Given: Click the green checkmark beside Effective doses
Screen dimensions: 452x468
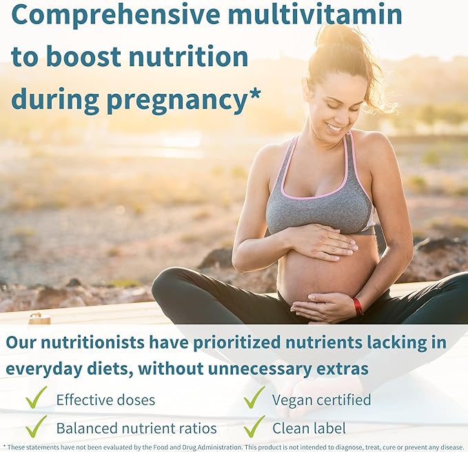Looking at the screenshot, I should click(36, 398).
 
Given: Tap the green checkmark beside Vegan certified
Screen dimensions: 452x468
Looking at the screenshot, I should click(253, 398).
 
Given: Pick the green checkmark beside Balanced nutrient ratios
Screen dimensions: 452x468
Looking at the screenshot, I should click(36, 426).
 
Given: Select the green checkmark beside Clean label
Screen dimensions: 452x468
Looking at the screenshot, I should click(253, 426).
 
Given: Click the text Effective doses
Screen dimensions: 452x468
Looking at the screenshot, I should click(105, 400).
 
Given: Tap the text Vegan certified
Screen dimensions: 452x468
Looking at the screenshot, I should click(322, 400).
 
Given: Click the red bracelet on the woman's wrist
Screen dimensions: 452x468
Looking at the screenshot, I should click(357, 306).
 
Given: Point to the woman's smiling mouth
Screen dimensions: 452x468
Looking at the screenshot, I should click(334, 127).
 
